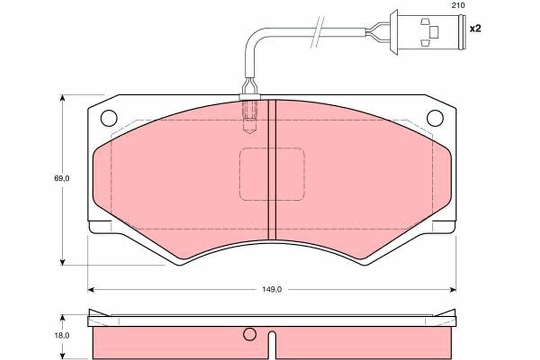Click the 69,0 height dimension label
[x=62, y=179]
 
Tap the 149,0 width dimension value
[x=272, y=290]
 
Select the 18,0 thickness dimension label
[x=62, y=336]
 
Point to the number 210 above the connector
[x=458, y=5]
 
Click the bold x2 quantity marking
[x=475, y=29]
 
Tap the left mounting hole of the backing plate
[x=109, y=118]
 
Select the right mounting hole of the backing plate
[x=435, y=118]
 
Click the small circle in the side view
[x=249, y=334]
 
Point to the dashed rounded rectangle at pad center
[x=272, y=148]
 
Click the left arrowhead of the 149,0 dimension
[x=90, y=290]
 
